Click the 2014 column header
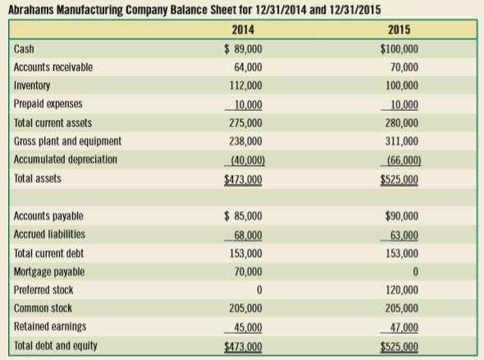coord(243,30)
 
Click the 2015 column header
coord(400,30)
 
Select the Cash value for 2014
coord(243,48)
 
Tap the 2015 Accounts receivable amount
coord(404,67)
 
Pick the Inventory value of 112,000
coord(246,85)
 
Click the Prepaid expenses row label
coord(48,103)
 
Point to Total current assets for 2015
coord(402,123)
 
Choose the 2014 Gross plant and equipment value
coord(246,141)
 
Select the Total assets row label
coord(38,179)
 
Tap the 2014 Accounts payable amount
coord(243,216)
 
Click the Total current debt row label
coord(48,253)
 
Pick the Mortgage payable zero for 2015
coord(415,271)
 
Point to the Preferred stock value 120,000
coord(402,290)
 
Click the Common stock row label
coord(43,308)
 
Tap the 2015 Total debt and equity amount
coord(400,346)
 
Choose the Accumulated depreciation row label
coord(66,159)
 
